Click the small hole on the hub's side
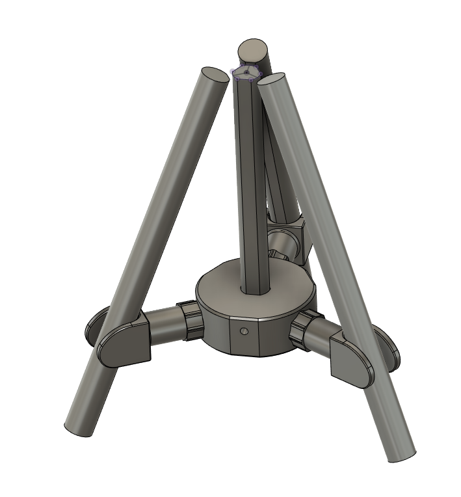(x=244, y=331)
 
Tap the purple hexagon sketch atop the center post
(x=246, y=72)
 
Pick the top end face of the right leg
(x=272, y=81)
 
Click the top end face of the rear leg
(x=252, y=49)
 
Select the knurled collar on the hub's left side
(x=189, y=321)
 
